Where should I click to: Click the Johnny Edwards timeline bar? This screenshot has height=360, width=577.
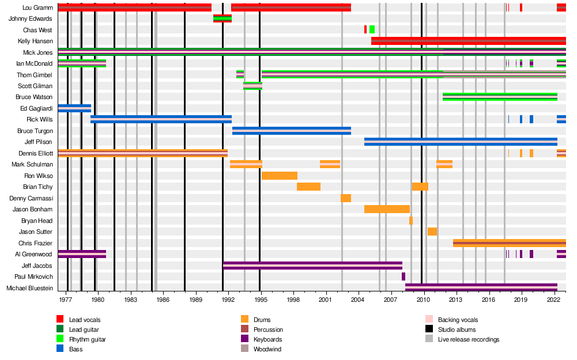(x=222, y=18)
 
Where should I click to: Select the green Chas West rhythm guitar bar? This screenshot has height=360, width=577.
(x=372, y=29)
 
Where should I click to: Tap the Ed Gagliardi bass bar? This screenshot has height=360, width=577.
(x=74, y=108)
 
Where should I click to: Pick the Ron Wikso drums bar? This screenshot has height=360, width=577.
(x=280, y=176)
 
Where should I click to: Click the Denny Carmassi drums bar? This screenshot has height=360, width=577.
(x=346, y=198)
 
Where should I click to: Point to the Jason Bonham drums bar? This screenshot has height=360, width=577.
(x=387, y=209)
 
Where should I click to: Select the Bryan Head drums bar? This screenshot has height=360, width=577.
(x=411, y=221)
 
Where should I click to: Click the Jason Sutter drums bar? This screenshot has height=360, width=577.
(x=432, y=232)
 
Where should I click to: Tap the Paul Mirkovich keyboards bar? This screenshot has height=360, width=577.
(x=403, y=276)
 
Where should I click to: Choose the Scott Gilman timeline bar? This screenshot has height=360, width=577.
(x=252, y=86)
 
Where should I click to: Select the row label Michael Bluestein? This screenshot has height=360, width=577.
(x=29, y=288)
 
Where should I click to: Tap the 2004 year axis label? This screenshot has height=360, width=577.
(x=357, y=300)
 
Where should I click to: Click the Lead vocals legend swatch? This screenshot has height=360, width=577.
(x=60, y=320)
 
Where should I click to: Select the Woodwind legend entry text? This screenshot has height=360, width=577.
(x=267, y=349)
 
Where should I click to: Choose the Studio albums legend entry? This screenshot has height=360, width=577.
(x=457, y=329)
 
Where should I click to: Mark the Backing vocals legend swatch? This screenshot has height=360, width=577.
(x=429, y=320)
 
